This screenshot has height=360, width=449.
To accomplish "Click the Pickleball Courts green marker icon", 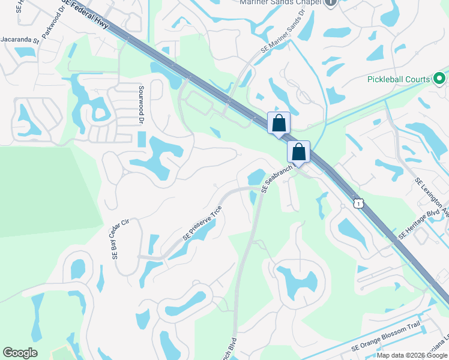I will tap(439, 79).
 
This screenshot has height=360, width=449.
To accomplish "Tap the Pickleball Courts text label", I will tap(399, 79).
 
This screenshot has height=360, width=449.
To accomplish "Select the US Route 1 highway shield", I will tap(358, 203).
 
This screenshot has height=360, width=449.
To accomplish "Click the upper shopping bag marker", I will tap(279, 123).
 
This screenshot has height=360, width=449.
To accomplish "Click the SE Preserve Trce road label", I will tap(202, 223).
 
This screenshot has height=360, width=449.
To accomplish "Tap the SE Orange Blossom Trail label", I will tap(387, 338).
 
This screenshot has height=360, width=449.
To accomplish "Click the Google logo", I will tap(20, 352).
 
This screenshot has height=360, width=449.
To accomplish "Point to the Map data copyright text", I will tap(412, 355).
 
